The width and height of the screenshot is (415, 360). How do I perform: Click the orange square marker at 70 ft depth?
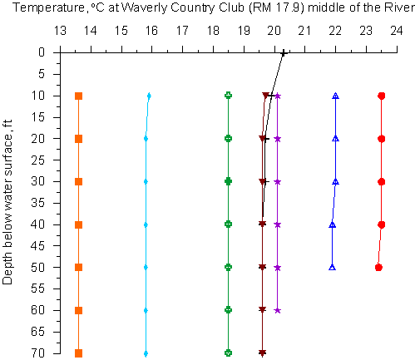click(x=79, y=353)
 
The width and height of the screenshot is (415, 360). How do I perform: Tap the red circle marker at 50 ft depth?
click(x=378, y=268)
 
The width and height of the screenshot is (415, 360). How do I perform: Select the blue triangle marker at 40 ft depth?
click(x=333, y=224)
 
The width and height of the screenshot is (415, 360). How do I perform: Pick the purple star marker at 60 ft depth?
click(x=278, y=310)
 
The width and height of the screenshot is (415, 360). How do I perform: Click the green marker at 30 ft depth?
click(x=228, y=181)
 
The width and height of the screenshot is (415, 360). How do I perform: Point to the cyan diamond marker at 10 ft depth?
click(x=149, y=96)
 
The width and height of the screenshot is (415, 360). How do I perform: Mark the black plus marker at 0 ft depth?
click(x=284, y=53)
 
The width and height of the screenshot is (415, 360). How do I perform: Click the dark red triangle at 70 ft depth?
click(x=262, y=353)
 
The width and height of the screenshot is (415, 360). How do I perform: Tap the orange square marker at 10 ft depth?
click(x=79, y=96)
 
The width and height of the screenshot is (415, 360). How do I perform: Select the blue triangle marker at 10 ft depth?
click(x=336, y=96)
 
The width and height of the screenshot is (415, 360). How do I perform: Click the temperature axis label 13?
click(x=60, y=31)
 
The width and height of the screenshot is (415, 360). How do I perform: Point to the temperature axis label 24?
click(x=397, y=31)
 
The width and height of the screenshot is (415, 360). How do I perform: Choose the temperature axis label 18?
click(x=213, y=31)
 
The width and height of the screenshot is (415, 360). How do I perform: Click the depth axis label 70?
click(x=37, y=353)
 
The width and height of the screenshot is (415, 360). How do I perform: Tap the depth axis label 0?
click(x=42, y=52)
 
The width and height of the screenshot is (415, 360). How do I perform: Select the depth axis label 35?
click(x=37, y=203)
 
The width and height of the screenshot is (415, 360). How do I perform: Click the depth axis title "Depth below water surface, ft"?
click(x=7, y=202)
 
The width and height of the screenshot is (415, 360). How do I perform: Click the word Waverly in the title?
click(x=144, y=7)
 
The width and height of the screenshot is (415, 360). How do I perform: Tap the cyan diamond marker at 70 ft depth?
click(x=146, y=353)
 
